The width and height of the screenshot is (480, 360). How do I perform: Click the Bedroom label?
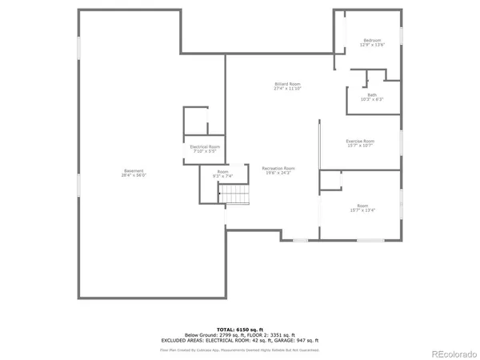point(372,40)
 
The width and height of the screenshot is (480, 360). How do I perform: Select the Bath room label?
point(372,95)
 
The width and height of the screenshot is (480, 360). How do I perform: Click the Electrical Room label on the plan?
point(205,147)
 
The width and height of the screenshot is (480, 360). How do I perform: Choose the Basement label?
point(134,170)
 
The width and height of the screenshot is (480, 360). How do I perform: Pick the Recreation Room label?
point(278,168)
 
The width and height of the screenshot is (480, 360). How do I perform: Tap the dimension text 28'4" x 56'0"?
point(134,175)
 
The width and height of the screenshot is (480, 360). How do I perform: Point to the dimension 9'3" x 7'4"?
point(222,176)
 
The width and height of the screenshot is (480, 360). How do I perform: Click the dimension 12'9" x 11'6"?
point(372,45)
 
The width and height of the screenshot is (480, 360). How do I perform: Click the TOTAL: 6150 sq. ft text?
point(239,329)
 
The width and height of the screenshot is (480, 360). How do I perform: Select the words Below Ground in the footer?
point(200,334)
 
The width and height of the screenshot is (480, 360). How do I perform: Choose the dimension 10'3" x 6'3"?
point(372,100)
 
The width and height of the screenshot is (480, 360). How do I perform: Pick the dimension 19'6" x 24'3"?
point(278,173)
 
